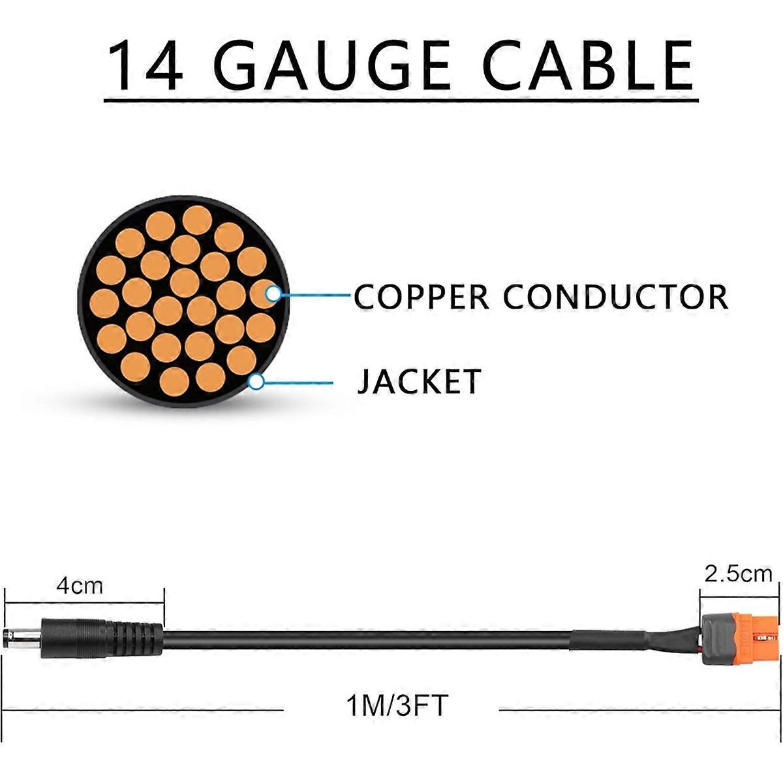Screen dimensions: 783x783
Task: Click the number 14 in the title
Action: (x=145, y=65)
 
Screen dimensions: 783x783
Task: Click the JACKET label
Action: (x=419, y=381)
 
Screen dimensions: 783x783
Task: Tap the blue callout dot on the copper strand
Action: (x=274, y=294)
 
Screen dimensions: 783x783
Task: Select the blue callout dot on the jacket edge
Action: (x=257, y=382)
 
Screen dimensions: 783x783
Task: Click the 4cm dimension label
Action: (x=80, y=586)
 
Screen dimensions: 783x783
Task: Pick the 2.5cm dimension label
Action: (x=738, y=574)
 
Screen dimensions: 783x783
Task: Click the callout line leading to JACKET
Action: (x=297, y=382)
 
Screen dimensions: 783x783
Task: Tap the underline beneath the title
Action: (x=401, y=101)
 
